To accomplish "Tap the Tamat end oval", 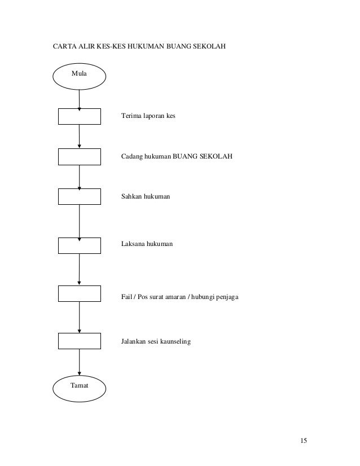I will pyautogui.click(x=80, y=385).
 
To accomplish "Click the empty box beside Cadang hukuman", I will pyautogui.click(x=80, y=156).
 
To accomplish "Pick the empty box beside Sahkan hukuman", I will pyautogui.click(x=80, y=196).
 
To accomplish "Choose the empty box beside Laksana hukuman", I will pyautogui.click(x=80, y=245).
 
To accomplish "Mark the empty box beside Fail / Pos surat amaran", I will pyautogui.click(x=80, y=294).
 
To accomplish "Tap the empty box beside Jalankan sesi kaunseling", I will pyautogui.click(x=80, y=341).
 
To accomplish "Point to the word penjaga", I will pyautogui.click(x=229, y=294).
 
